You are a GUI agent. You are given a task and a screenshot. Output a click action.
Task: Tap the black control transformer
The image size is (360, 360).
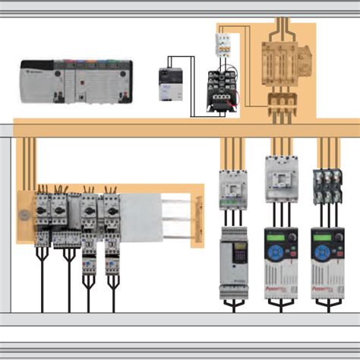point(223,91)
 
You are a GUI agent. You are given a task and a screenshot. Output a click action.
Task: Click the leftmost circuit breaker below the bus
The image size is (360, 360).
point(230,190)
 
